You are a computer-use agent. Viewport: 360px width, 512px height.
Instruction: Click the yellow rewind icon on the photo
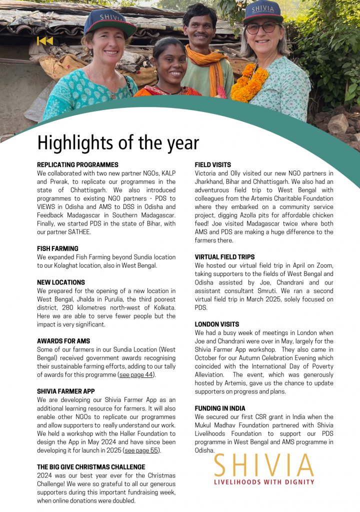point(45,41)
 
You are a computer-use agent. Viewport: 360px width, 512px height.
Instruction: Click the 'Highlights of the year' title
point(118,143)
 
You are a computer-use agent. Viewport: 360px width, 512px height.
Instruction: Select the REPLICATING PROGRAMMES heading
point(77,164)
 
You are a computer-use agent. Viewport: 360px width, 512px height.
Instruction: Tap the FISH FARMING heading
point(57,248)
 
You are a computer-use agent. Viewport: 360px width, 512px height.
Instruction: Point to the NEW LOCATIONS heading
point(61,282)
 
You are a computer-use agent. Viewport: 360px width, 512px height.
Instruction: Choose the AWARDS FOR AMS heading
point(63,341)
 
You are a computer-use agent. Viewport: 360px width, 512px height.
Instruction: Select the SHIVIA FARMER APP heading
point(66,391)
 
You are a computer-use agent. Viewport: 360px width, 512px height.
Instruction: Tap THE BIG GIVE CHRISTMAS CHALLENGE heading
point(91,467)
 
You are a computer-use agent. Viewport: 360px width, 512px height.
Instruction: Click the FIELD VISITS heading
point(213,164)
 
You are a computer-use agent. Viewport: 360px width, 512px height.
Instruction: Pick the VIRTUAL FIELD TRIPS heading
point(224,257)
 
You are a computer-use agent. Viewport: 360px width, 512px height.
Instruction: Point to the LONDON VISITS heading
point(216,324)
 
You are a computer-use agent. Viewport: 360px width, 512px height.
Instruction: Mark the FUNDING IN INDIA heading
point(220,408)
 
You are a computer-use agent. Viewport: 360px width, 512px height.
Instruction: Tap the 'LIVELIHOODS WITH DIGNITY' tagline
point(264,482)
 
